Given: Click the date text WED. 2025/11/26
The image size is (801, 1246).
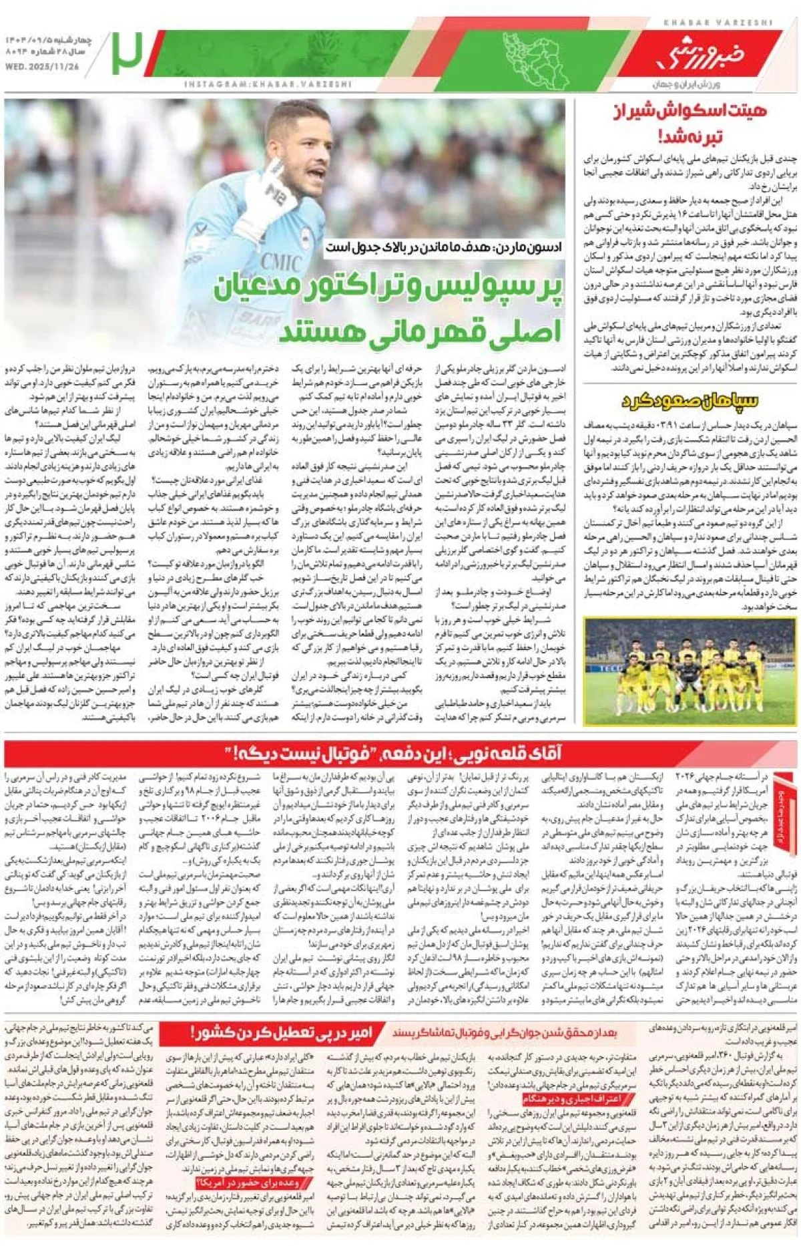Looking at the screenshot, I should point(41,67).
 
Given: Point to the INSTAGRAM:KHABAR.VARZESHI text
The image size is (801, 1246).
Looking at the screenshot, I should point(268,85).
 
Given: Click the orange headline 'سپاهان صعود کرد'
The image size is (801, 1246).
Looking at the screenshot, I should point(691,400).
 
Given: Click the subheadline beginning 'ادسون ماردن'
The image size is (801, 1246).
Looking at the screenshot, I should point(443,248).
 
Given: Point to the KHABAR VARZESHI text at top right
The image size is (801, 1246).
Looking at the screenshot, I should point(718,23).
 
